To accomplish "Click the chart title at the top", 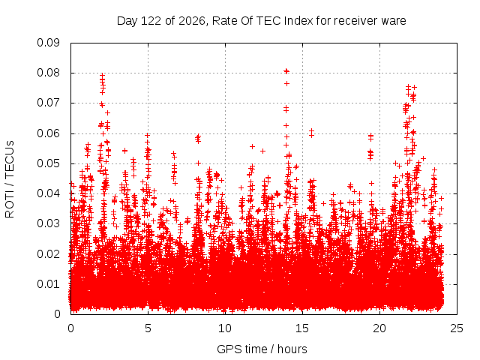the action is click(x=262, y=21).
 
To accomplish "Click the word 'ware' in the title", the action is click(x=394, y=21).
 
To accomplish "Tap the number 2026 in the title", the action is click(x=192, y=21).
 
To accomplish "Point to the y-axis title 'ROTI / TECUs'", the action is click(x=10, y=179).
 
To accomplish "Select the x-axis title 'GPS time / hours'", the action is click(x=262, y=349).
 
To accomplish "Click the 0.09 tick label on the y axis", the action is click(x=48, y=43).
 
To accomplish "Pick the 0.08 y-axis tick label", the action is click(x=48, y=73).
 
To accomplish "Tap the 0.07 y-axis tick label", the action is click(x=48, y=103).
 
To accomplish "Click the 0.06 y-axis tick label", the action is click(x=48, y=133).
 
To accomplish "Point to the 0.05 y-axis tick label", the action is click(x=48, y=163).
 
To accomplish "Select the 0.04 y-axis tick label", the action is click(x=48, y=193).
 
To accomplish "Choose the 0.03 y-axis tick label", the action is click(x=48, y=223).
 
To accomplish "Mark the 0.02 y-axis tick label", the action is click(x=48, y=253).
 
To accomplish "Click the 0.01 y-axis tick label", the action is click(x=48, y=284).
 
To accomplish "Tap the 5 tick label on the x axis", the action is click(x=148, y=328).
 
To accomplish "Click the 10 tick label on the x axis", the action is click(x=225, y=328).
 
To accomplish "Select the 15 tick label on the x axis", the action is click(x=302, y=328).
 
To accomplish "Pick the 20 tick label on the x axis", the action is click(x=379, y=328).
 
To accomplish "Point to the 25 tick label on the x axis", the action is click(x=457, y=328).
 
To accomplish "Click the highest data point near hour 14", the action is click(x=286, y=71).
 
